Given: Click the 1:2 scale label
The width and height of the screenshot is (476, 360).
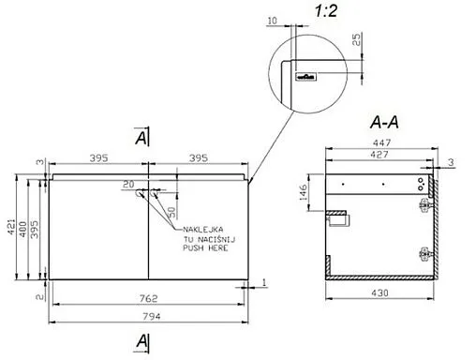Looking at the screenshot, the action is (x=326, y=11).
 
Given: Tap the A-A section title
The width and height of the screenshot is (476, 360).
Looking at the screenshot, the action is (x=384, y=122).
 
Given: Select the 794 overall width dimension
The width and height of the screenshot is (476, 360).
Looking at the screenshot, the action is (x=152, y=317).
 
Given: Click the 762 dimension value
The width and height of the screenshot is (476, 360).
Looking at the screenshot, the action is (x=148, y=298).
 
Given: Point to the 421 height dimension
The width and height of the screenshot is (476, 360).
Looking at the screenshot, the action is (x=11, y=227).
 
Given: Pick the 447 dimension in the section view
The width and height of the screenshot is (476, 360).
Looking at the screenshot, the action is (x=381, y=142).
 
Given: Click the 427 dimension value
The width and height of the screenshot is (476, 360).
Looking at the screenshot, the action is (x=379, y=155).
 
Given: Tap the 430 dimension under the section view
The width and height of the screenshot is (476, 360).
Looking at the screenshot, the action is (x=379, y=293).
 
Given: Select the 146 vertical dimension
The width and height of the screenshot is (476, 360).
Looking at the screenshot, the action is (x=304, y=192).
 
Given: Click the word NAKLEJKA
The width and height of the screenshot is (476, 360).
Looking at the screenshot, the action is (x=203, y=230).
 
